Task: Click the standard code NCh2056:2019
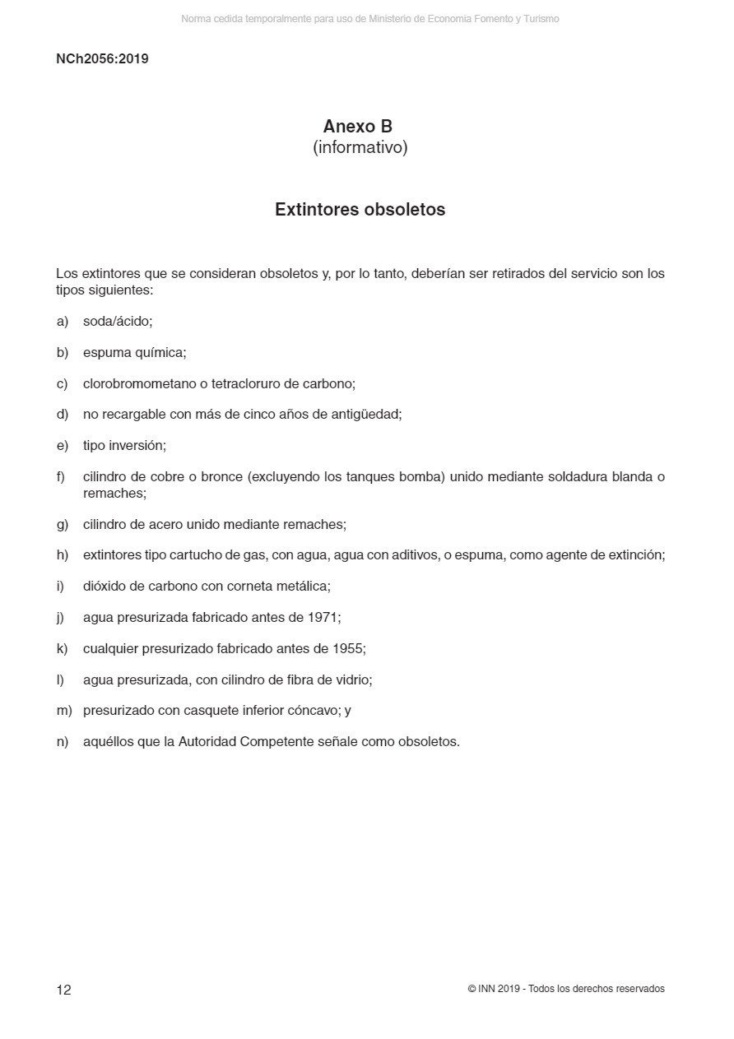coord(102,59)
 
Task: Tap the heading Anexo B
coord(357,127)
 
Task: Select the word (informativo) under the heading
coord(360,148)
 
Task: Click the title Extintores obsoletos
coord(360,210)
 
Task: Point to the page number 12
coord(63,990)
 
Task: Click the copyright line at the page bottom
coord(565,989)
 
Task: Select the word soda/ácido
coord(117,322)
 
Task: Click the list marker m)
coord(64,711)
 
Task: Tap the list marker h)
coord(63,556)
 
